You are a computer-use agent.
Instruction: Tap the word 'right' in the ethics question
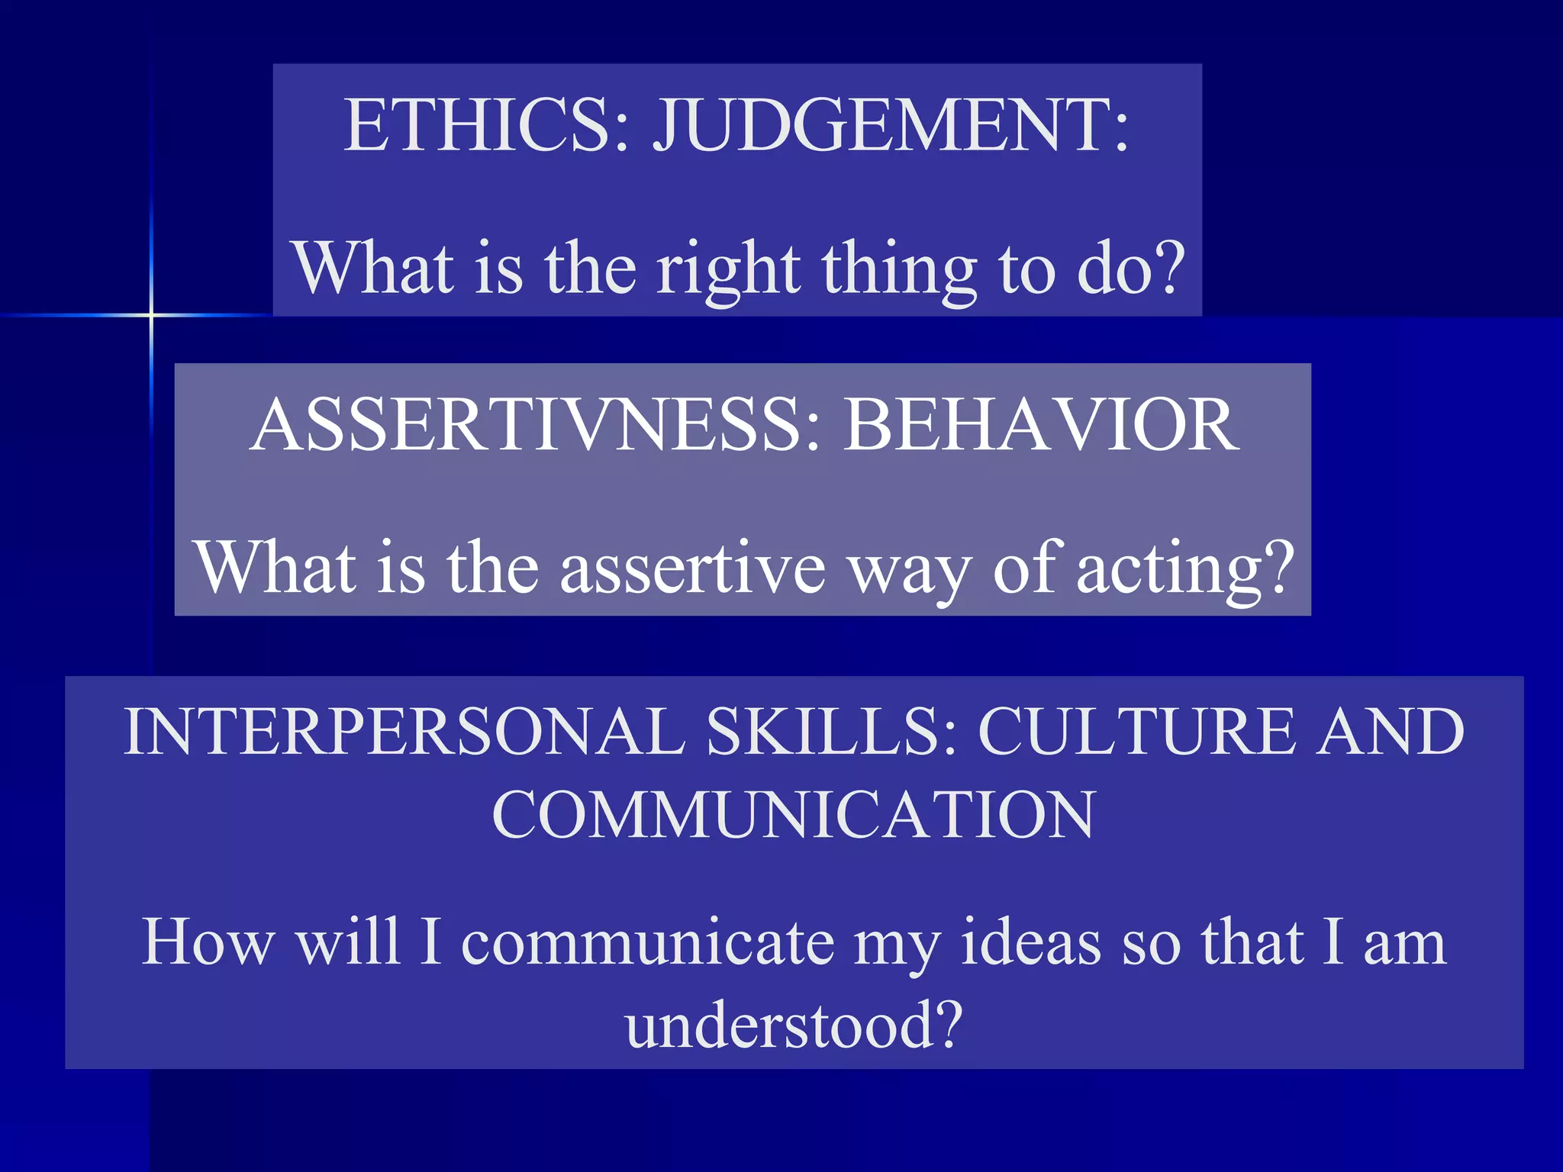pyautogui.click(x=729, y=269)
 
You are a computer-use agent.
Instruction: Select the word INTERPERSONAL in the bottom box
pyautogui.click(x=404, y=731)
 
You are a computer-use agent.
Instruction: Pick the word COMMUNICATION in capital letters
pyautogui.click(x=794, y=814)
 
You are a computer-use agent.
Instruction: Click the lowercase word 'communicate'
pyautogui.click(x=648, y=943)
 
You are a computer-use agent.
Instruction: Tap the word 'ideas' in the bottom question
pyautogui.click(x=1030, y=943)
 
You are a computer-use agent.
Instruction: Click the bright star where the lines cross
pyautogui.click(x=151, y=314)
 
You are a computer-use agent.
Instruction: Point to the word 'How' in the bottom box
pyautogui.click(x=208, y=943)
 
